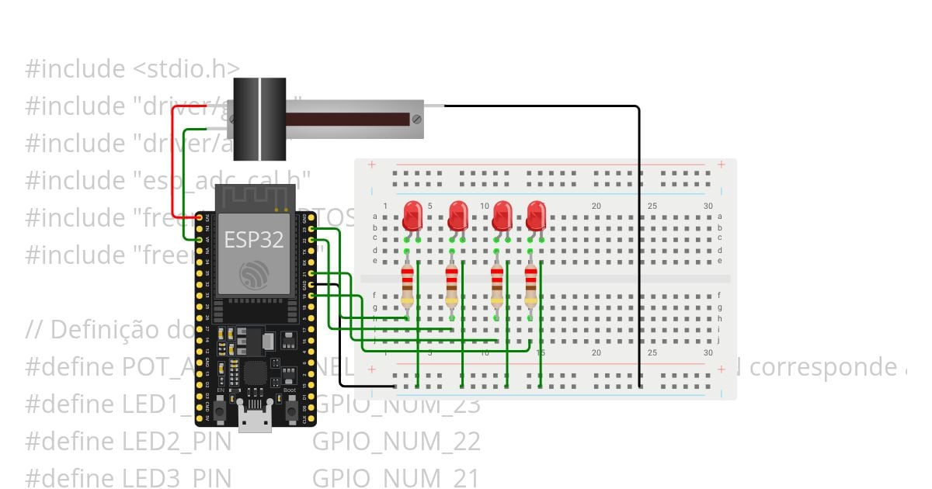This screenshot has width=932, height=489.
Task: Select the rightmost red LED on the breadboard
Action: tap(536, 214)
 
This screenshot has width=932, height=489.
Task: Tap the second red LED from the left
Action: tap(458, 214)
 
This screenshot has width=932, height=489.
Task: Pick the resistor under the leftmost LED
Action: tap(408, 286)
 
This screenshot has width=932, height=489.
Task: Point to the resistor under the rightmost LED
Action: tap(530, 286)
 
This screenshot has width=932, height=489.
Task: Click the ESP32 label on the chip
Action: tap(253, 240)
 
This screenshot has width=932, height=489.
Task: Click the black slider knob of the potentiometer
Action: tap(259, 118)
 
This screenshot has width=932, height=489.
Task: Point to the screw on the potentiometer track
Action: tap(416, 120)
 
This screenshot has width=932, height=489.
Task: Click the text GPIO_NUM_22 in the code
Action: tap(396, 442)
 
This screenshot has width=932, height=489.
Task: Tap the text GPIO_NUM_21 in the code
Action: tap(396, 478)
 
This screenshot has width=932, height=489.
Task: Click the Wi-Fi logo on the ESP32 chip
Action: tap(254, 273)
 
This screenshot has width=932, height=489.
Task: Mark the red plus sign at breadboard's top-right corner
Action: tap(722, 165)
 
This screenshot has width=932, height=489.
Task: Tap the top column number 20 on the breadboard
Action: tap(596, 206)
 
